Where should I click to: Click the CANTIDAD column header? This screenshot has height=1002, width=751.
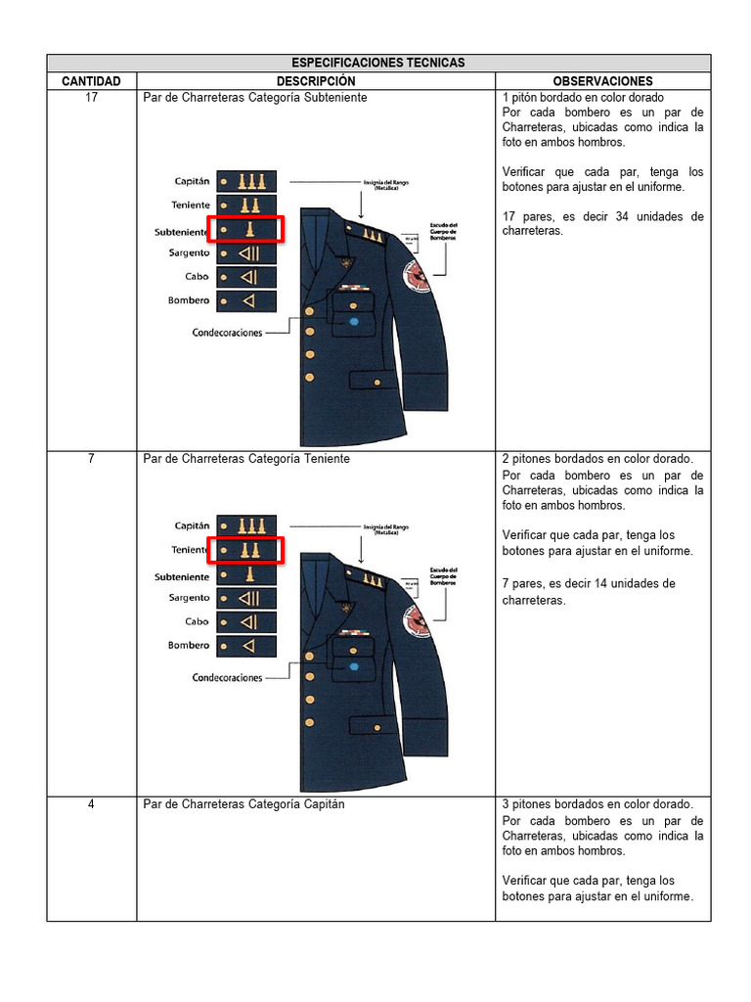point(91,81)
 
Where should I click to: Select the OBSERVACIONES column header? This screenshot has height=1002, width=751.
point(602,81)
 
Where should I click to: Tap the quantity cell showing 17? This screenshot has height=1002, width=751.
point(91,98)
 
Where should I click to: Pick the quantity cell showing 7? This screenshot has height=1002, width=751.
point(91,458)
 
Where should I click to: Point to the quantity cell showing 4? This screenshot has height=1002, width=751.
point(91,804)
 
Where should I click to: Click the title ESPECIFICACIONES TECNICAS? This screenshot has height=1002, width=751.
point(377,63)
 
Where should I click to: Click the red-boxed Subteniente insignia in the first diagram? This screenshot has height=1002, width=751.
point(246,230)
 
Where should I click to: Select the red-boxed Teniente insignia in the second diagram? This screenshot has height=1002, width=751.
point(246,550)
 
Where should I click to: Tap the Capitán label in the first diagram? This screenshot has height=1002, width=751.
point(192,181)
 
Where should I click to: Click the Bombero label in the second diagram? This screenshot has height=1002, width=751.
point(189,646)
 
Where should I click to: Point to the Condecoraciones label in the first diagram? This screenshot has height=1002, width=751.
point(227,333)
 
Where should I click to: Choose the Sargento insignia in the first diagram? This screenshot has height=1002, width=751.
point(246,253)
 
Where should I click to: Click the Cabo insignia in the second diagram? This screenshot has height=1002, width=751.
point(246,622)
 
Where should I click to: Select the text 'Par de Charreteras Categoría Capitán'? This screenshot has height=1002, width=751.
point(243,804)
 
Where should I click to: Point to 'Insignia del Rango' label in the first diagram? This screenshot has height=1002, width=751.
point(386,183)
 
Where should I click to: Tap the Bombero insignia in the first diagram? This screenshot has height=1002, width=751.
point(246,300)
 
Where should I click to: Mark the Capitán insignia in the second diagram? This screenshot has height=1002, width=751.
point(246,525)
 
